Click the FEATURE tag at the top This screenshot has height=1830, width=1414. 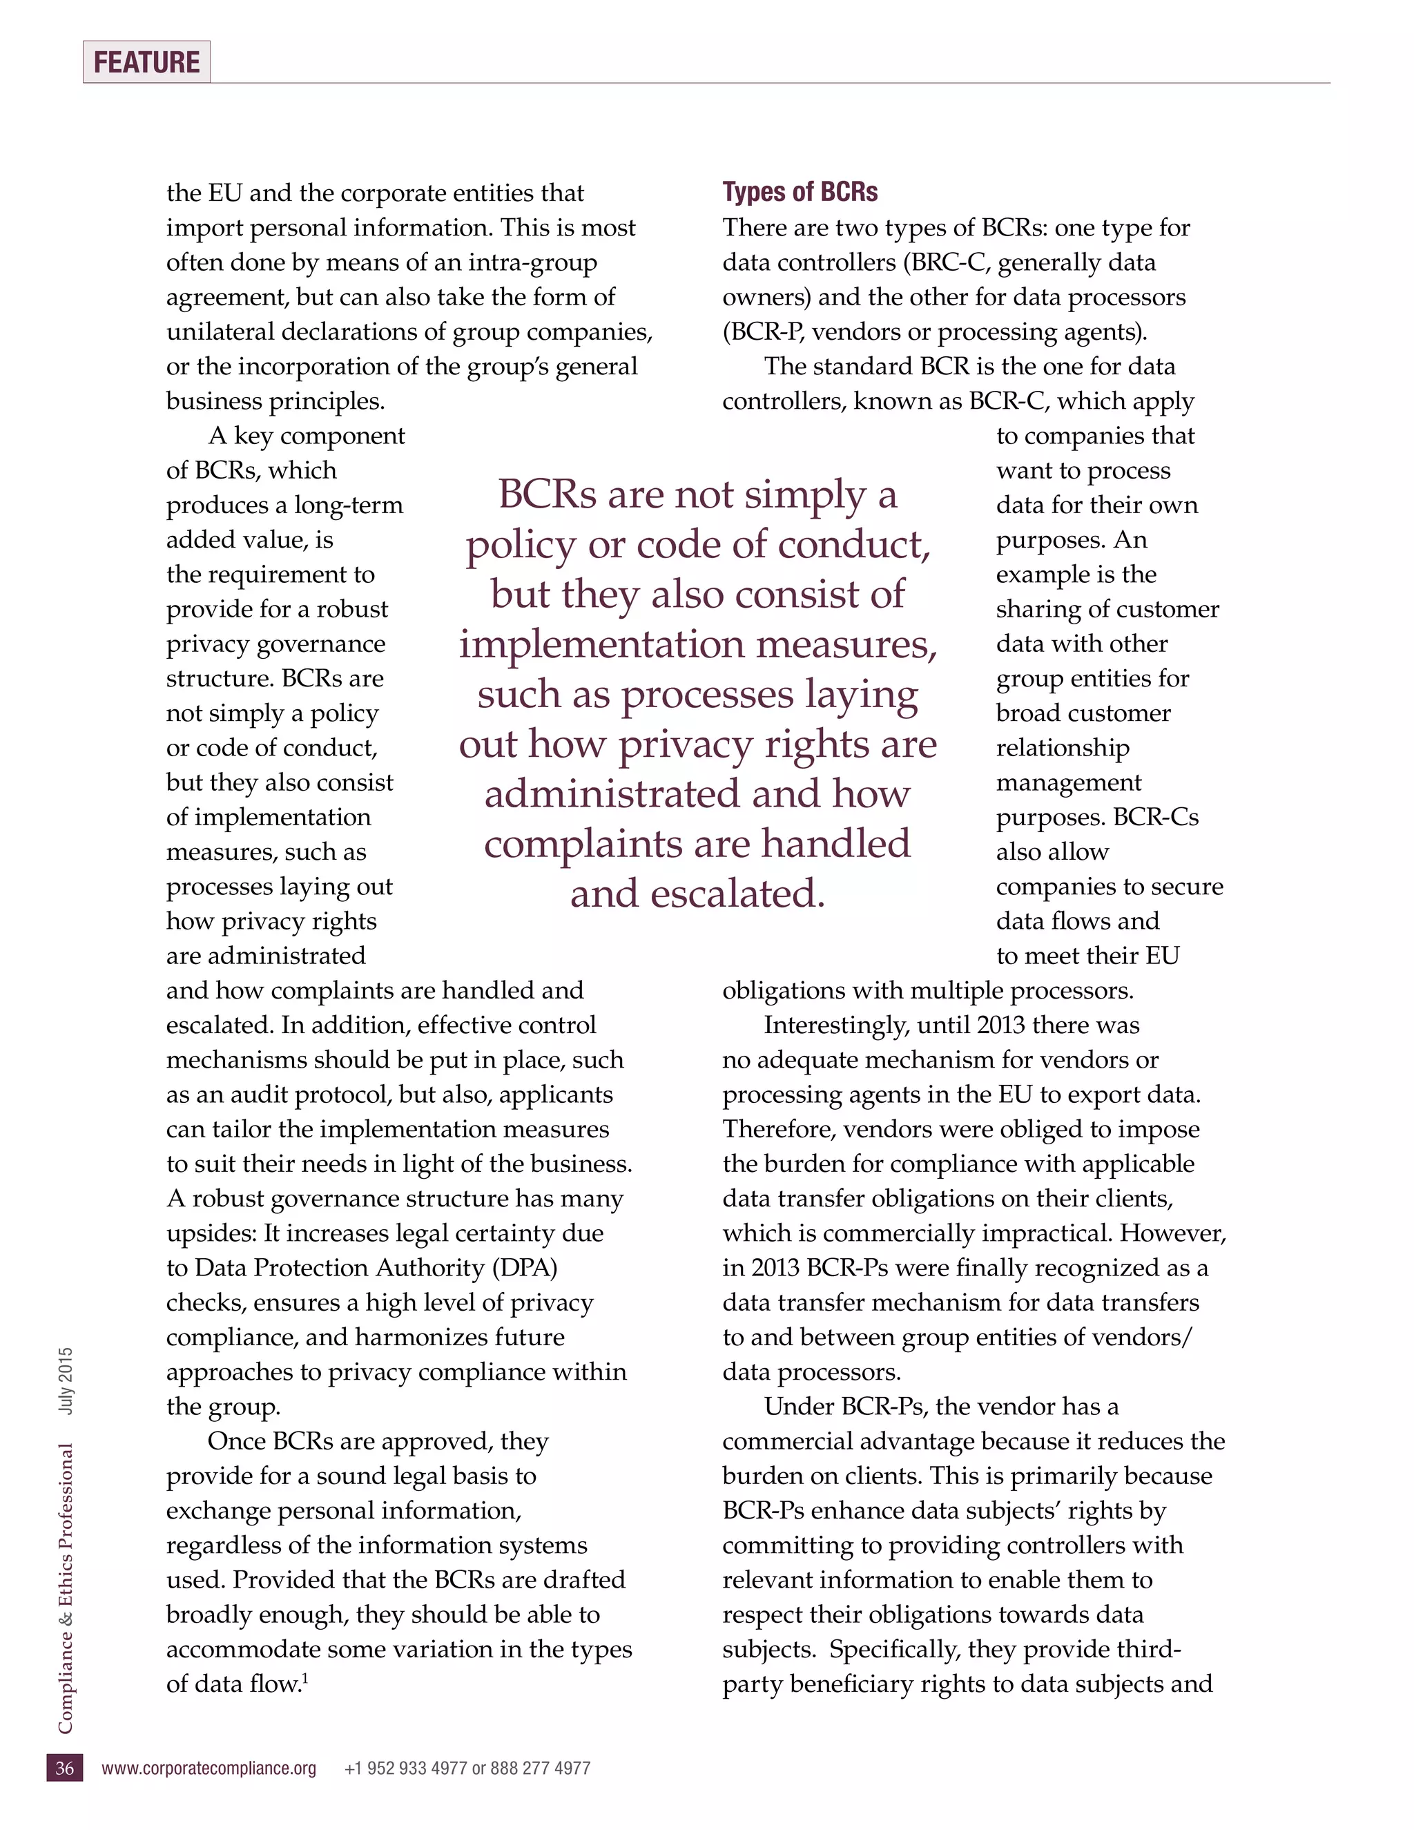click(146, 62)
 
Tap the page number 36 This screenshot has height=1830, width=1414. click(64, 1768)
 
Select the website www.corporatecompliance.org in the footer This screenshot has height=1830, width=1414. click(209, 1768)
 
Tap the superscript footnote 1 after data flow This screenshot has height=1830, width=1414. click(305, 1677)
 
